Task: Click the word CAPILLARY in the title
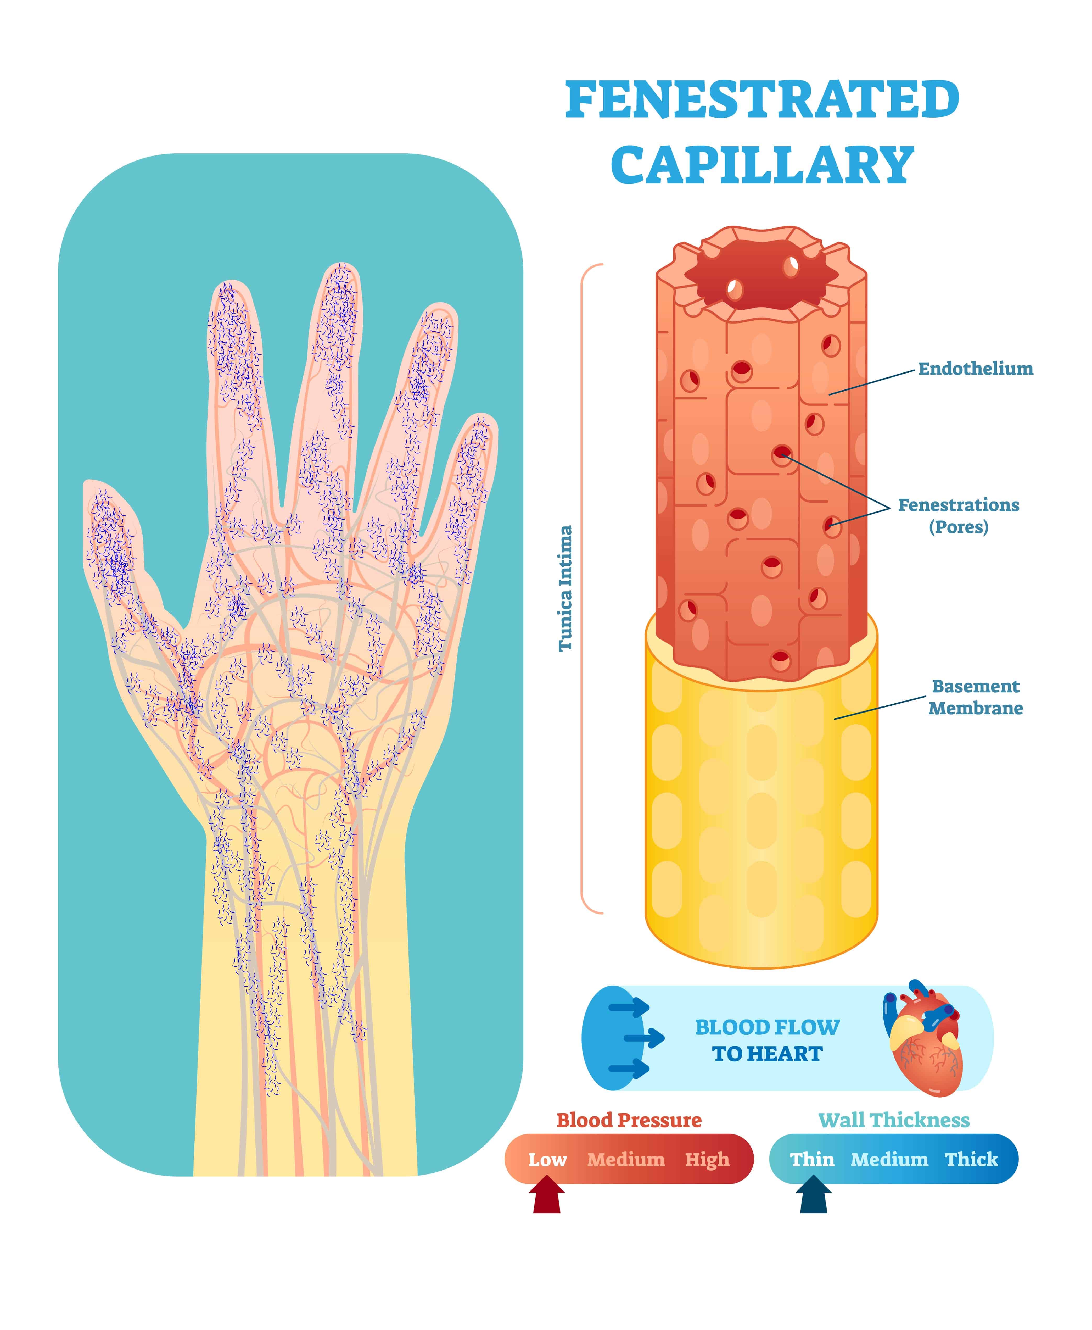762,165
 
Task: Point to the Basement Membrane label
976,697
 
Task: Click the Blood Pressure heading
629,1121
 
